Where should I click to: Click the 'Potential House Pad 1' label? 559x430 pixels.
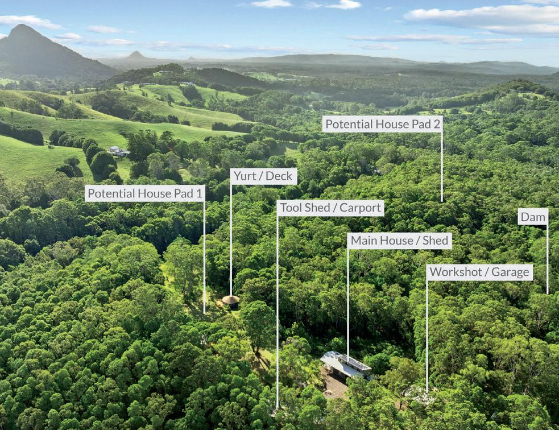[x=145, y=193]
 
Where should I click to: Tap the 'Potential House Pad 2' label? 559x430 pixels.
[x=382, y=124]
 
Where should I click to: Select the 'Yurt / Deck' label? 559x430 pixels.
[x=263, y=176]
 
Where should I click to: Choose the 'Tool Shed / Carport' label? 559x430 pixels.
[x=330, y=208]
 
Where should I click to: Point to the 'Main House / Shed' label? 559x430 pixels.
[x=399, y=241]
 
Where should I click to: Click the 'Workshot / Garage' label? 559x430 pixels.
[x=479, y=272]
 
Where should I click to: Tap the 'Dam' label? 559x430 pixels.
[x=533, y=217]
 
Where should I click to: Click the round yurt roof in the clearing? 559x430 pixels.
[x=230, y=300]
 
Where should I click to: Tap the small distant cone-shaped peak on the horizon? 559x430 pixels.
[x=136, y=55]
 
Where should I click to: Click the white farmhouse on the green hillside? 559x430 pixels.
[x=118, y=151]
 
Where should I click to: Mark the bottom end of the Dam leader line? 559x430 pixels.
[x=548, y=293]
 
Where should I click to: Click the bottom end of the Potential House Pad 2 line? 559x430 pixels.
[x=441, y=201]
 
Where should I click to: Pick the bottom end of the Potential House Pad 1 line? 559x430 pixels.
[x=204, y=312]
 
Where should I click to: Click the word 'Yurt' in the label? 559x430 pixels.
[x=245, y=176]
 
